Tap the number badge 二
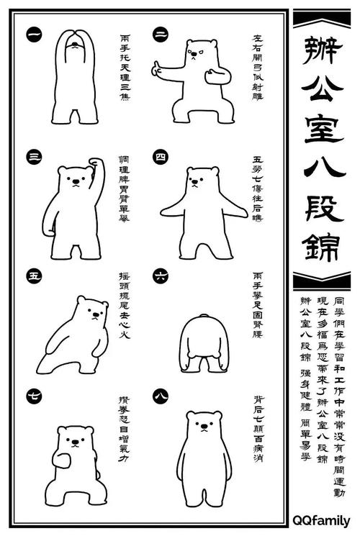pos(160,34)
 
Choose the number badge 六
pos(160,275)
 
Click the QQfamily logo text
pos(321,519)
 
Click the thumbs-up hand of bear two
pos(156,69)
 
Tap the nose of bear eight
pos(204,426)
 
